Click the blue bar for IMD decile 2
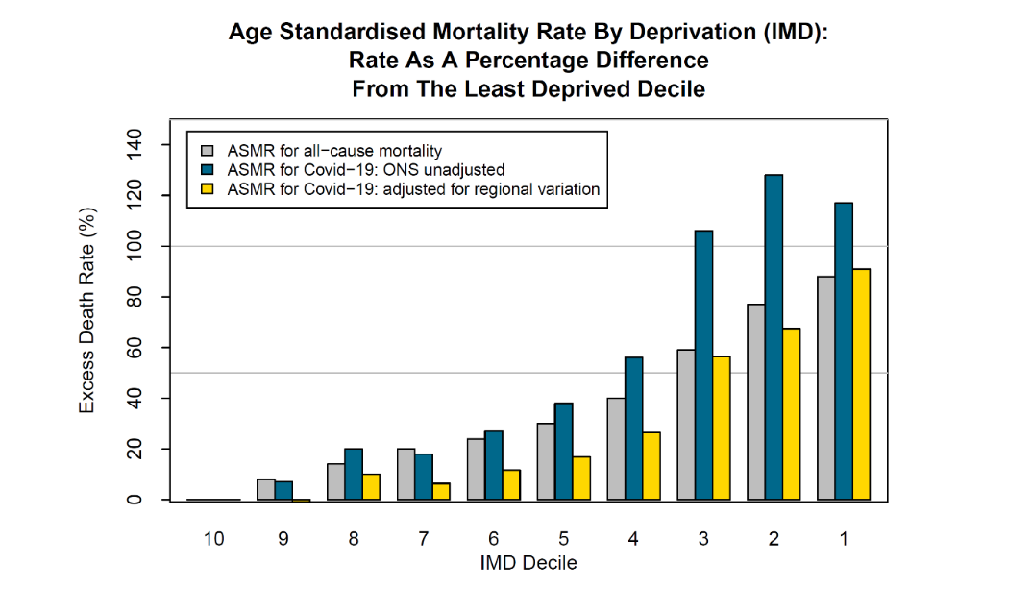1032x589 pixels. point(774,337)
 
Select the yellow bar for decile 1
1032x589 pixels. point(861,384)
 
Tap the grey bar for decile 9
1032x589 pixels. point(266,489)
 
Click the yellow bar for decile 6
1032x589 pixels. point(511,484)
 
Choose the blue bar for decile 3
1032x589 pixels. point(704,365)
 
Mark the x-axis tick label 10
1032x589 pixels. point(213,539)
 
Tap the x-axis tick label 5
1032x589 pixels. point(563,539)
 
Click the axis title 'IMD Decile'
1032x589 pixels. point(528,563)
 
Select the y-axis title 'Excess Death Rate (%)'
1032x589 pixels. point(87,309)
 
